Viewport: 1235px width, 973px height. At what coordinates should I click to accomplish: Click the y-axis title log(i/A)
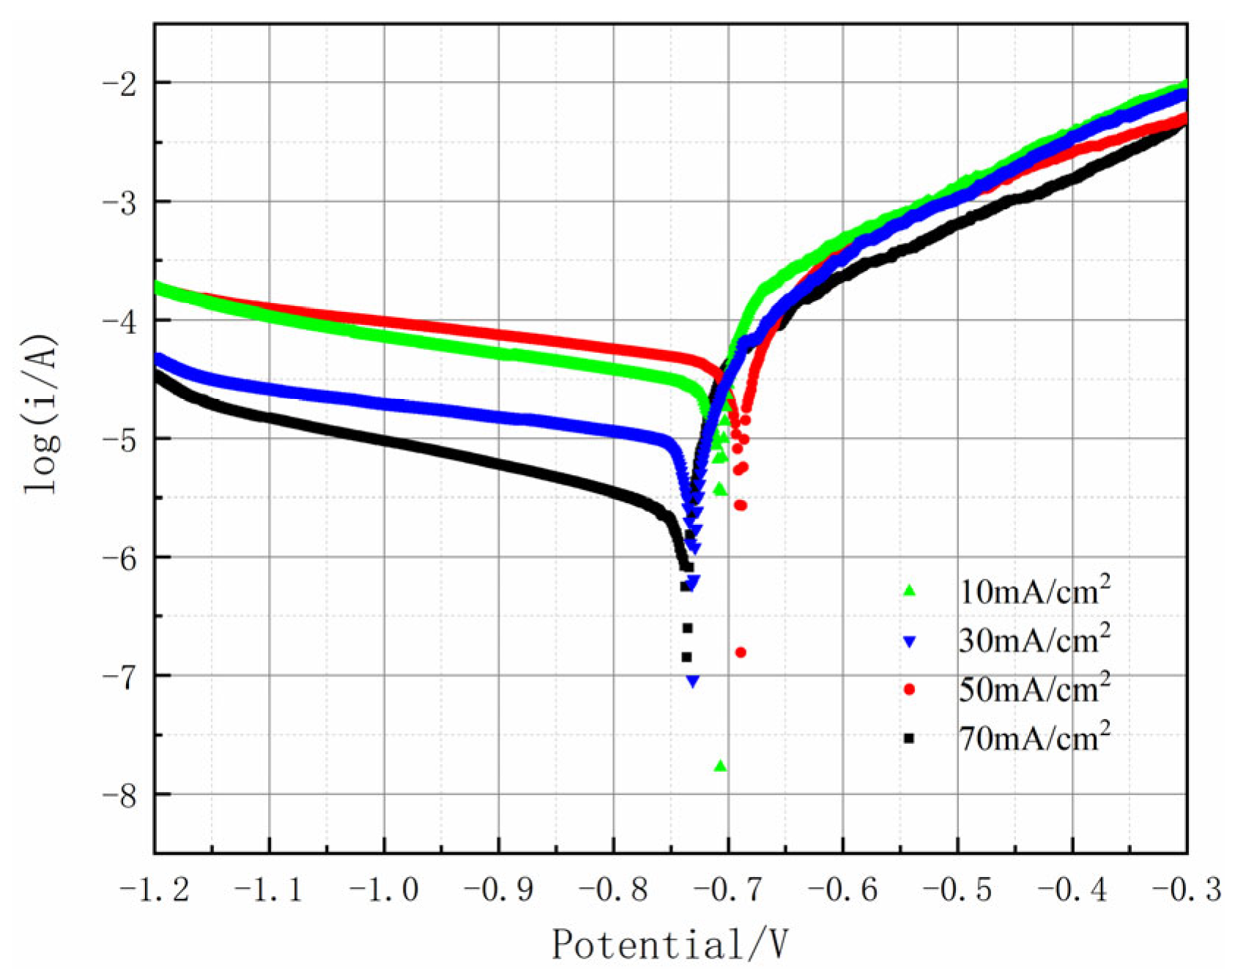42,414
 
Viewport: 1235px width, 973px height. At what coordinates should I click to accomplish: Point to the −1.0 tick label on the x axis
384,890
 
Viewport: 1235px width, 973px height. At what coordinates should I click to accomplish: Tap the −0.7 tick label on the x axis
728,890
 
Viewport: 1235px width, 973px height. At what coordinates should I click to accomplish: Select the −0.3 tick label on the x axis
1187,890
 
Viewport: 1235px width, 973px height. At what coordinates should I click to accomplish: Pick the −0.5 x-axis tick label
957,890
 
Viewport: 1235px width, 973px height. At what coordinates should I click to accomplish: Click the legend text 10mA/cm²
1034,590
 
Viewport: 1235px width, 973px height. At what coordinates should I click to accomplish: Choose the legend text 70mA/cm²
1034,738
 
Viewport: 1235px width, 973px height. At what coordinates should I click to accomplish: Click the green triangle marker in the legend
910,591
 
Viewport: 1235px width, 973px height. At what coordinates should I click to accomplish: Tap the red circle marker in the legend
910,690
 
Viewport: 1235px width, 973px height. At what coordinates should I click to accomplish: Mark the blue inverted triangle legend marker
910,642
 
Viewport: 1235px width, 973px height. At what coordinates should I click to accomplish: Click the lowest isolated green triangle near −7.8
720,766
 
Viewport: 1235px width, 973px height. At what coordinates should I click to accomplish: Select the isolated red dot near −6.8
741,652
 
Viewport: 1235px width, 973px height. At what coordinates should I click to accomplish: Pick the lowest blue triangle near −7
693,682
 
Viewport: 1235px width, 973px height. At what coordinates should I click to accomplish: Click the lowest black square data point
686,657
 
